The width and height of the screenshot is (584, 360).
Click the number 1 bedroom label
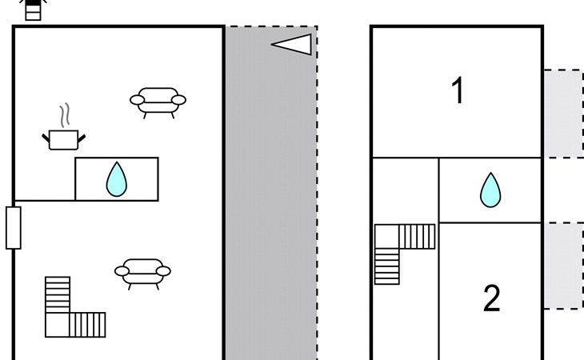pyautogui.click(x=458, y=90)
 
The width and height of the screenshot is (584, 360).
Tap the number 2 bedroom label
pyautogui.click(x=492, y=298)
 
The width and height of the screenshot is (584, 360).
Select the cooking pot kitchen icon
pyautogui.click(x=64, y=140)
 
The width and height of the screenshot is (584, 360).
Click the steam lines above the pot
pyautogui.click(x=65, y=115)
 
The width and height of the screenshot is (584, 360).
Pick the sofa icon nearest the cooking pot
pyautogui.click(x=158, y=102)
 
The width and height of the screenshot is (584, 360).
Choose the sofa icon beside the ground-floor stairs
pyautogui.click(x=142, y=274)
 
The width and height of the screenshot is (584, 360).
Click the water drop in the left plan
pyautogui.click(x=117, y=179)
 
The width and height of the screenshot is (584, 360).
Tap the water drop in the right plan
pyautogui.click(x=490, y=190)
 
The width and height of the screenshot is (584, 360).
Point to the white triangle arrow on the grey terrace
pyautogui.click(x=292, y=44)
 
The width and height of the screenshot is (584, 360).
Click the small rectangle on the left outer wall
pyautogui.click(x=14, y=228)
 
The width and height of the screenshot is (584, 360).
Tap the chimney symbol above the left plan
pyautogui.click(x=33, y=10)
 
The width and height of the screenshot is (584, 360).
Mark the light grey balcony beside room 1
pyautogui.click(x=564, y=113)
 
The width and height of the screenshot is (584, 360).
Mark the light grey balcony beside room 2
pyautogui.click(x=564, y=266)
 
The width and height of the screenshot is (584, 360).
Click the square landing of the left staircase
pyautogui.click(x=58, y=325)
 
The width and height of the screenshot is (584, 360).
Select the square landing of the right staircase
pyautogui.click(x=386, y=237)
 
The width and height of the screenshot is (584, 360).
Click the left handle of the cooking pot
pyautogui.click(x=46, y=138)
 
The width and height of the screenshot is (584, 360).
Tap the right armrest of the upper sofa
pyautogui.click(x=178, y=100)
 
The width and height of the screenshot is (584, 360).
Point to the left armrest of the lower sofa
pyautogui.click(x=122, y=271)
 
